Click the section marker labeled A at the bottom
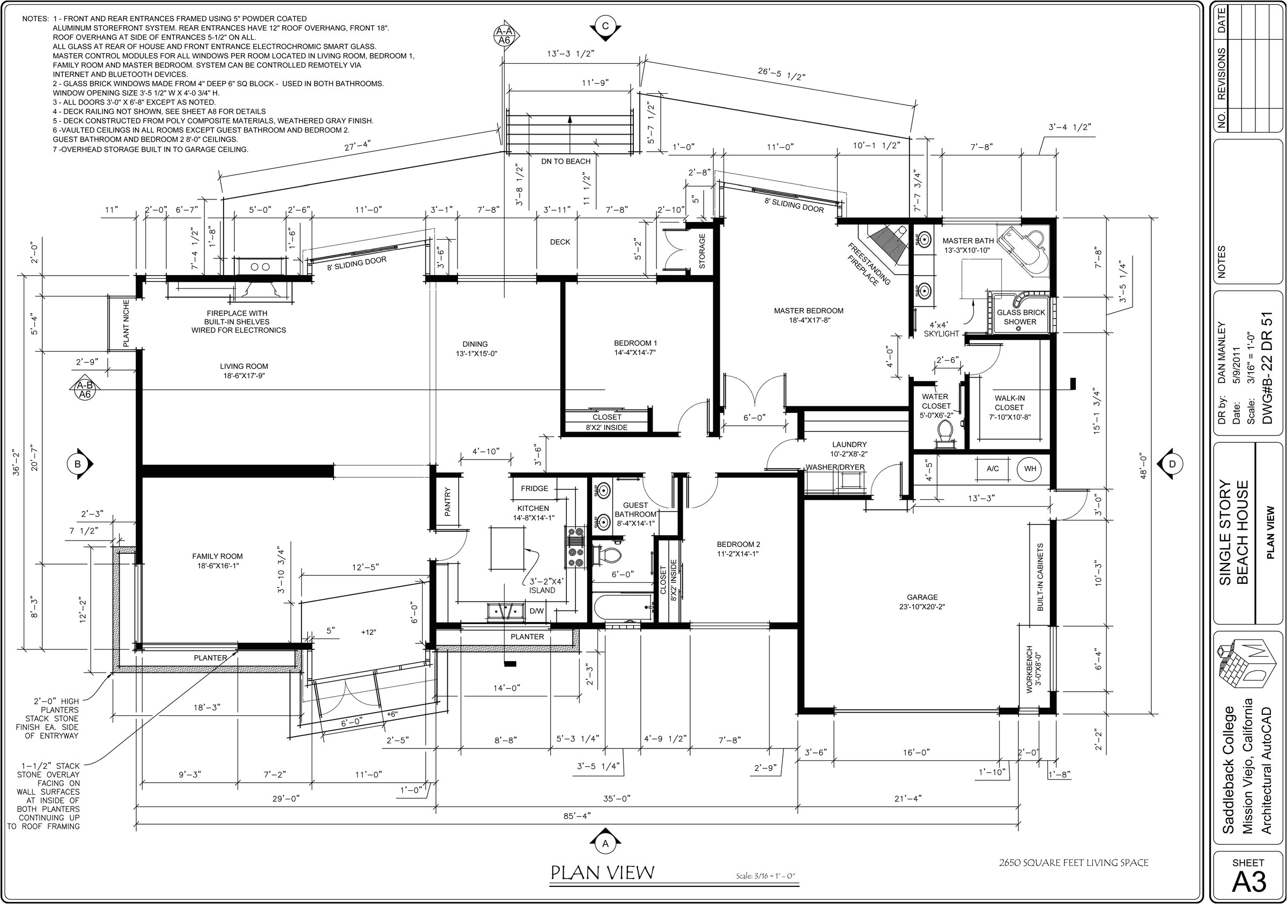(x=605, y=843)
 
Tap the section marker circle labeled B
(x=78, y=463)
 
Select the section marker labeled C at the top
(x=605, y=26)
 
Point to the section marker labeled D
(x=1172, y=463)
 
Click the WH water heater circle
(x=1030, y=469)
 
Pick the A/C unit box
(x=993, y=469)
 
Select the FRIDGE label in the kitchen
(x=534, y=488)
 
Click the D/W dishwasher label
(x=536, y=611)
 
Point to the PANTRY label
(x=447, y=502)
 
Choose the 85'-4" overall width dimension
(x=577, y=816)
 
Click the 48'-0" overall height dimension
(x=1143, y=466)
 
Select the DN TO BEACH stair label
(x=566, y=161)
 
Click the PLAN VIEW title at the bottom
(x=603, y=872)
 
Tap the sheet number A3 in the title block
(x=1248, y=882)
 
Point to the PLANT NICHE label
(x=126, y=323)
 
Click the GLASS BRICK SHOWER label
(x=1020, y=317)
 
